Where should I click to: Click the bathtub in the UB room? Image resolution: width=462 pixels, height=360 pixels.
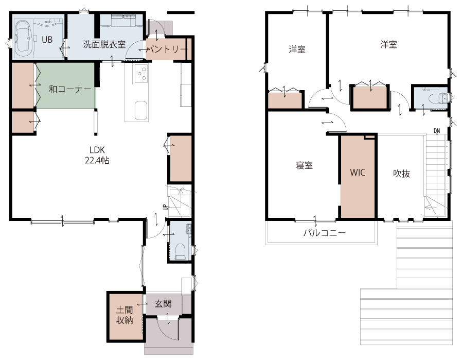pos(23,39)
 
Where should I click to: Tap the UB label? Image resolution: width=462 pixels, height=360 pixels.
pos(47,40)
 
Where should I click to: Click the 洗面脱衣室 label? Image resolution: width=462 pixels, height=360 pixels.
pos(104,44)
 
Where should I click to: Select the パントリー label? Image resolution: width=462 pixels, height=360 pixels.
pos(167,49)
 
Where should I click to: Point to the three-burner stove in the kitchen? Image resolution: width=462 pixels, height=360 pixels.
pos(141,74)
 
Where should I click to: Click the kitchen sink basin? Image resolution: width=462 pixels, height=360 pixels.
pos(141,111)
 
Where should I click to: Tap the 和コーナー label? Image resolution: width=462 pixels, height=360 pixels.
pos(70,89)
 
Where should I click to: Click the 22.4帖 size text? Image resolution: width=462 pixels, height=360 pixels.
pos(97,160)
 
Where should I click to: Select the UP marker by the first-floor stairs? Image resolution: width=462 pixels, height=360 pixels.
pos(165,207)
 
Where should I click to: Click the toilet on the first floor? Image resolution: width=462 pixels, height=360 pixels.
pos(180,251)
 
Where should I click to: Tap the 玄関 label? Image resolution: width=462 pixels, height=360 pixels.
pos(163,304)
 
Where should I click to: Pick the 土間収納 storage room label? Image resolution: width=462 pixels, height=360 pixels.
pos(125,315)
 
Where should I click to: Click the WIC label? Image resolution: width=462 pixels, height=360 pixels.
pos(358,172)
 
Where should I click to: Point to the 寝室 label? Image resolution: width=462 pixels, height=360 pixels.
pos(305,165)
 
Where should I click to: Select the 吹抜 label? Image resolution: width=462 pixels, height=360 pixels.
pos(402,174)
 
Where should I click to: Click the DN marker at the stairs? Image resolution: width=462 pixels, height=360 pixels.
pos(437,131)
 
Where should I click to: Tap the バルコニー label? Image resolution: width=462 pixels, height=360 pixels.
pos(325,233)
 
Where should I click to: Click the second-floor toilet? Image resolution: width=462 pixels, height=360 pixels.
pos(443,98)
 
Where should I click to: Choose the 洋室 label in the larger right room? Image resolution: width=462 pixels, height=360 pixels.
pos(388,44)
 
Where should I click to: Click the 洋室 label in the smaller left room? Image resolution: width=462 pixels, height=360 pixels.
pos(297,49)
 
